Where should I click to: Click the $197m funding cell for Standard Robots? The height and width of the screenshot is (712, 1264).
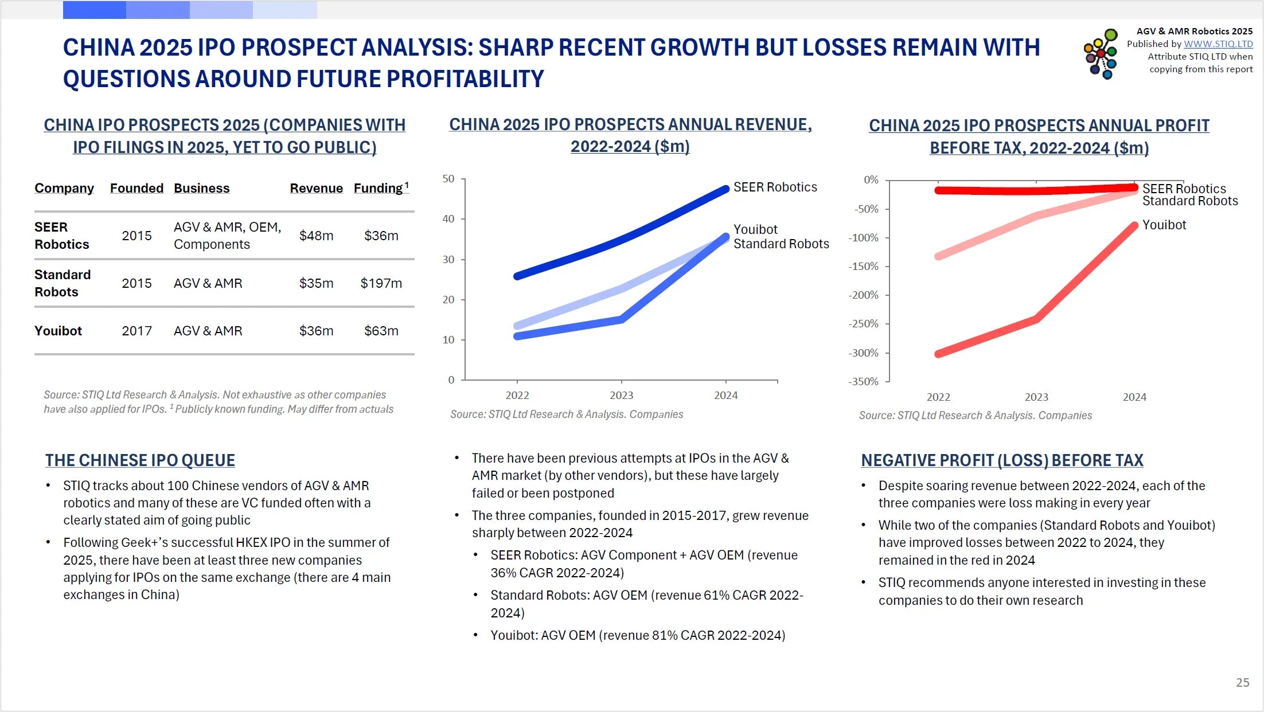tap(381, 283)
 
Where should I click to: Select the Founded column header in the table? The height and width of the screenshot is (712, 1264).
tap(136, 189)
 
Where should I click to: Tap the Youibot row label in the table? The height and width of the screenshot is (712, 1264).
tap(58, 331)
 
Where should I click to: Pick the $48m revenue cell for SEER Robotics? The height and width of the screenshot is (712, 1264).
tap(316, 236)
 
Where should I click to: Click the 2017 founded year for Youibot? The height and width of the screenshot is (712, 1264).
tap(136, 331)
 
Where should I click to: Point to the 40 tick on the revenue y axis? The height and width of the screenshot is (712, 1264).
tap(448, 219)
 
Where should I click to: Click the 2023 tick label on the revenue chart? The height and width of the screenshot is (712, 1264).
tap(621, 395)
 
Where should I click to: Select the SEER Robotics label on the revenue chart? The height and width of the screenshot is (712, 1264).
tap(775, 187)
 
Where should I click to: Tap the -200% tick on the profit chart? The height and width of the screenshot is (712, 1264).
tap(863, 295)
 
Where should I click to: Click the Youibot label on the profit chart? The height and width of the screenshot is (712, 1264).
tap(1164, 225)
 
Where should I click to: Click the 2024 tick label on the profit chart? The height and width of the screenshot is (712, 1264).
tap(1134, 397)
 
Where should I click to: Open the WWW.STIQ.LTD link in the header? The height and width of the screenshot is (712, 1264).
tap(1218, 44)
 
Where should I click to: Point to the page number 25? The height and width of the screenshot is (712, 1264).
tap(1242, 682)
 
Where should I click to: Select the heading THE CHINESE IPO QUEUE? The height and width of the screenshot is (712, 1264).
tap(140, 460)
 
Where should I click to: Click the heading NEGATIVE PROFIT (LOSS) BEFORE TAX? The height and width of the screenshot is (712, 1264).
tap(1002, 460)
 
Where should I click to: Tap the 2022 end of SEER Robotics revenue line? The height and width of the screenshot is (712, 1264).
tap(517, 276)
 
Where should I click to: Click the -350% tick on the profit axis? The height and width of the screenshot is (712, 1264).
tap(863, 381)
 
